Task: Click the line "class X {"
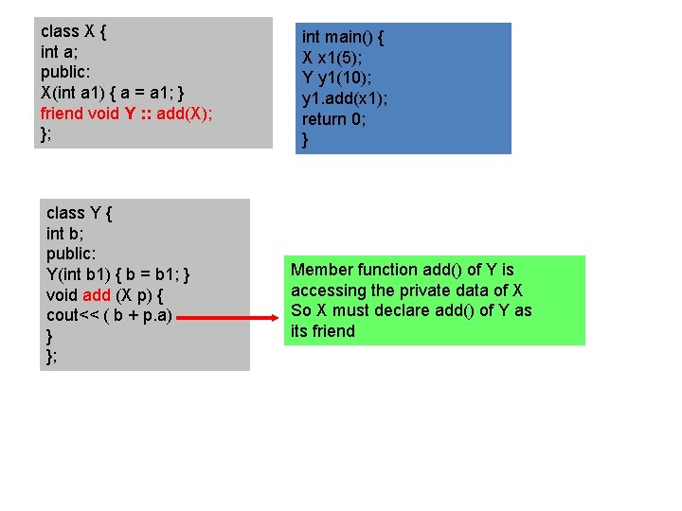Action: pyautogui.click(x=73, y=30)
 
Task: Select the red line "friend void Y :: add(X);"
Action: pyautogui.click(x=126, y=114)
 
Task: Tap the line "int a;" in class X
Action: pyautogui.click(x=62, y=51)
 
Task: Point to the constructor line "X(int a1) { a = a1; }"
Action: pyautogui.click(x=117, y=93)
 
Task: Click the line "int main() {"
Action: pyautogui.click(x=343, y=37)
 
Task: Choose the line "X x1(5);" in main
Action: pyautogui.click(x=334, y=58)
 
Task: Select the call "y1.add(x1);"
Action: pyautogui.click(x=345, y=98)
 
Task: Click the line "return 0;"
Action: pyautogui.click(x=333, y=119)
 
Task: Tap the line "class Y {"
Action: pyautogui.click(x=79, y=213)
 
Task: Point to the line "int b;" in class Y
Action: pyautogui.click(x=68, y=234)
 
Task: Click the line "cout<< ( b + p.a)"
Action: pyautogui.click(x=109, y=316)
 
